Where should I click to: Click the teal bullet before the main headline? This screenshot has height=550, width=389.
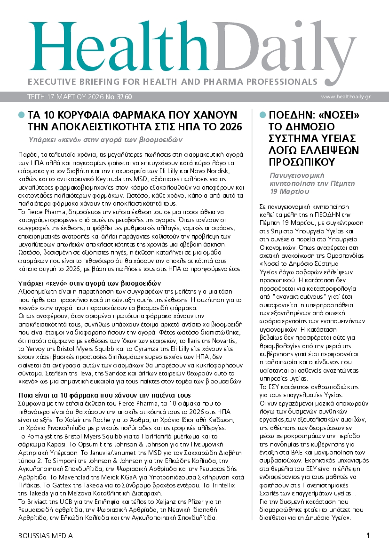pyautogui.click(x=21, y=115)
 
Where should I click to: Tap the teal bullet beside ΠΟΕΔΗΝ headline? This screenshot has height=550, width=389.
pyautogui.click(x=263, y=115)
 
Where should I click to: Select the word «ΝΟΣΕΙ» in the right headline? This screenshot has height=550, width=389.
pyautogui.click(x=338, y=115)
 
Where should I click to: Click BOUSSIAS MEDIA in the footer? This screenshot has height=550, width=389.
pyautogui.click(x=46, y=536)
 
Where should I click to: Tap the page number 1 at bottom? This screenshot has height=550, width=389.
pyautogui.click(x=368, y=535)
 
